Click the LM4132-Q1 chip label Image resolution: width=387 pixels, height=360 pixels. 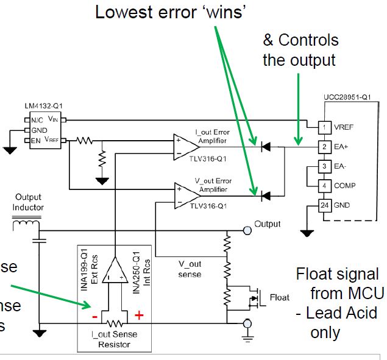pos(38,107)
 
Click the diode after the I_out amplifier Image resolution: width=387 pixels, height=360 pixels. pos(265,146)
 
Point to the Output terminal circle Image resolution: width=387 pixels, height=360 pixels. pos(247,230)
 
